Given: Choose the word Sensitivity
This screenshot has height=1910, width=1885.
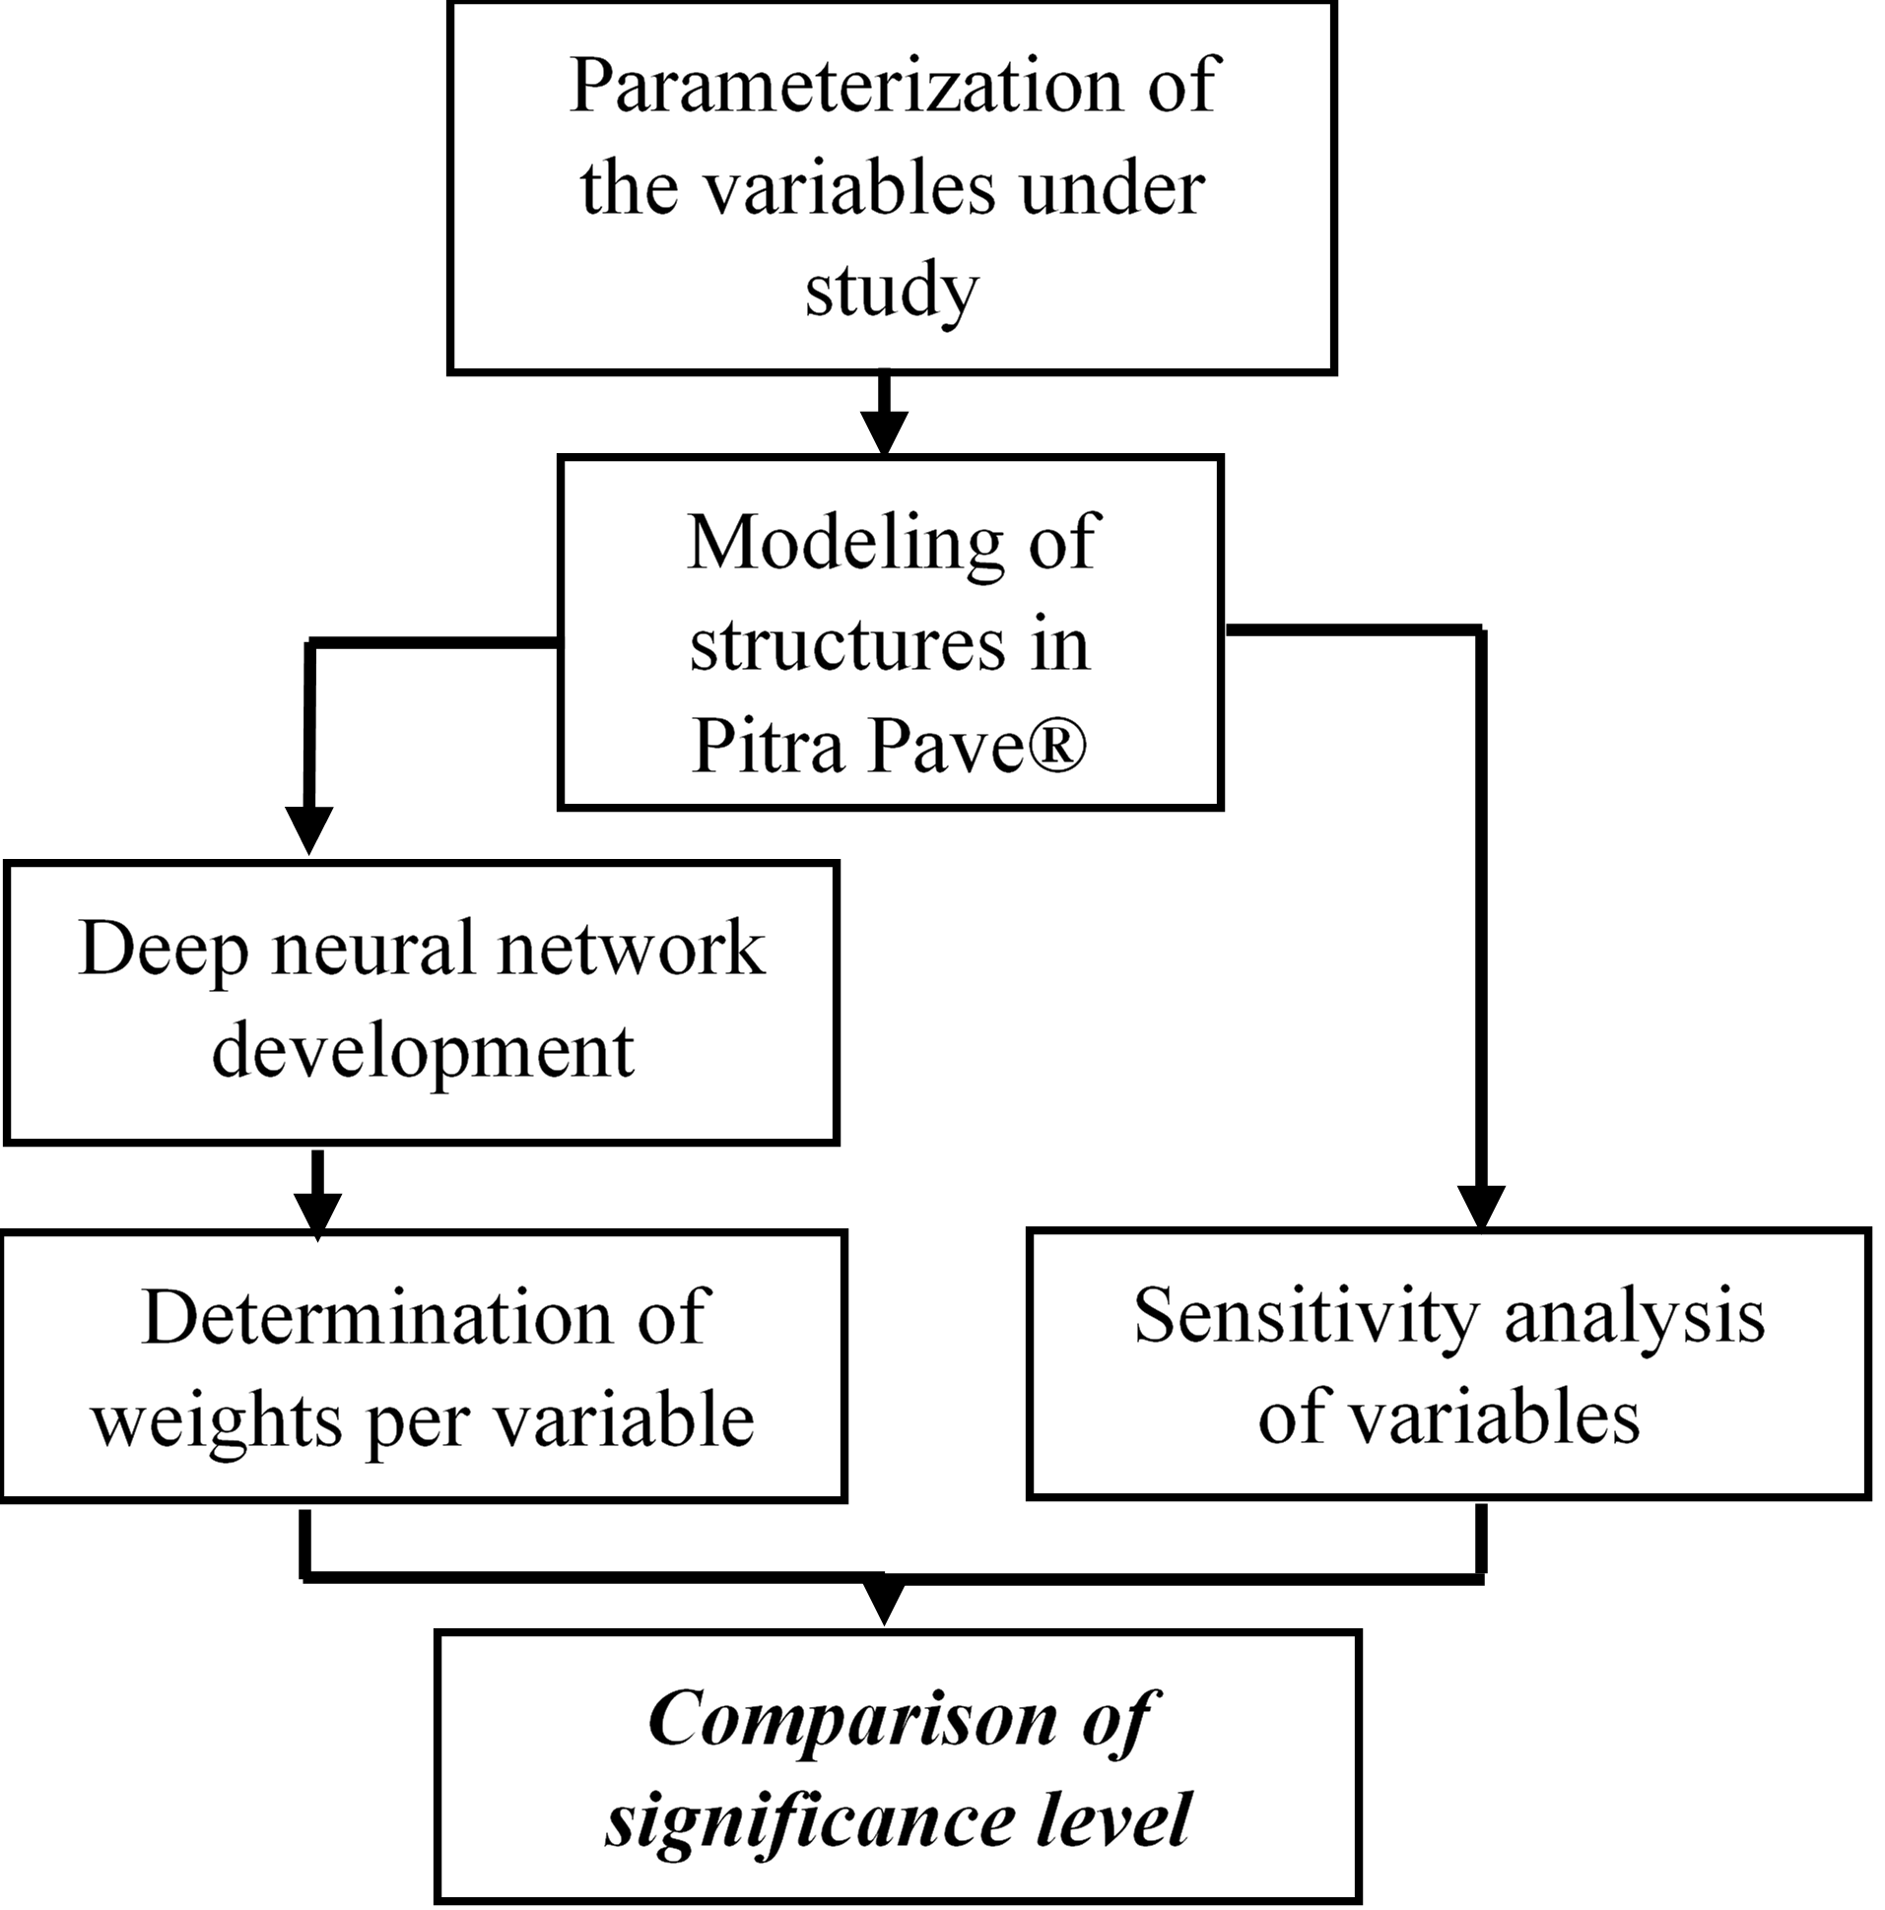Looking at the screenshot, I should (1307, 1318).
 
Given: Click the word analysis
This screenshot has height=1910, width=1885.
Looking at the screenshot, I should (1634, 1318).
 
